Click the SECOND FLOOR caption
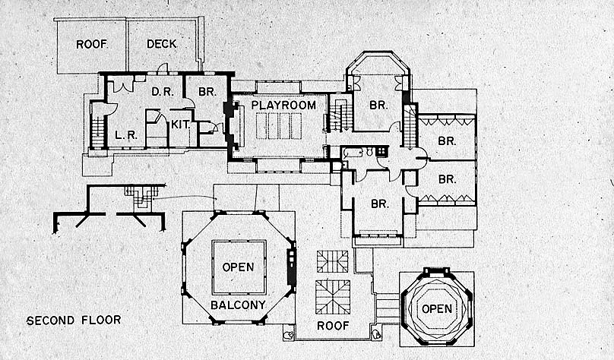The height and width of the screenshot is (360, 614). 73,321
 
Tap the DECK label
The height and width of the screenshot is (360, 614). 161,44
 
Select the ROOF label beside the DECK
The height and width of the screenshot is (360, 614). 91,44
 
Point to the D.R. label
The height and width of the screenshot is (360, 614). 160,92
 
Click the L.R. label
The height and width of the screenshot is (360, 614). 125,136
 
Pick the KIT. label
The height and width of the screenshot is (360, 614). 180,125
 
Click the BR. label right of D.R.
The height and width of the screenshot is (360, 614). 207,92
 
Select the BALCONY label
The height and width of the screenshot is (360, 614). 239,305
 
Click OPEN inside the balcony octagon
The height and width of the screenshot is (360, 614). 239,267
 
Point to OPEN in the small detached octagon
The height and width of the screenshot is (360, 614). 436,309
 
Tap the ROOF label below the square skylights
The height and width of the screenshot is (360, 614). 334,325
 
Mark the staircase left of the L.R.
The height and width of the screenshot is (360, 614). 97,126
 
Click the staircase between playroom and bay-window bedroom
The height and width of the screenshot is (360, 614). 339,117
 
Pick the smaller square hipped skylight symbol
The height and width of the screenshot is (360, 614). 333,261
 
